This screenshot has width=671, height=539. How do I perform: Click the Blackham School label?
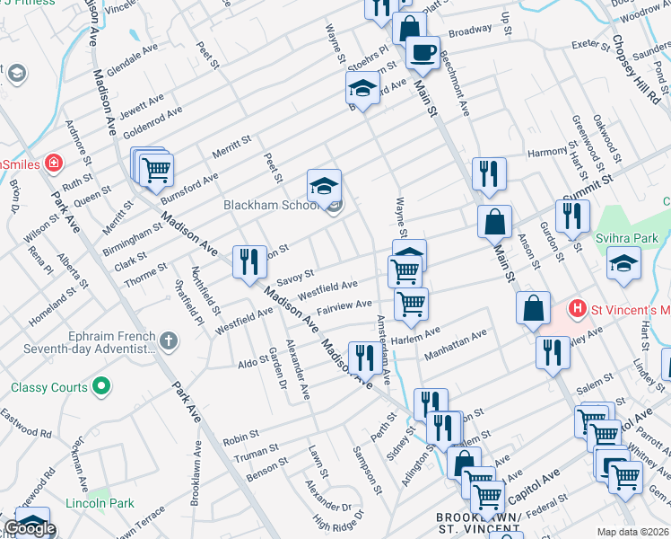pyautogui.click(x=271, y=205)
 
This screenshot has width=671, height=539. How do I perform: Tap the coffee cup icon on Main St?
pyautogui.click(x=423, y=51)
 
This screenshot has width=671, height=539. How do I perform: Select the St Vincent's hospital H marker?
pyautogui.click(x=578, y=308)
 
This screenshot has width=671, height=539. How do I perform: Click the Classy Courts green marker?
pyautogui.click(x=101, y=387)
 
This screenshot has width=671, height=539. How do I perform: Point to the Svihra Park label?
pyautogui.click(x=636, y=236)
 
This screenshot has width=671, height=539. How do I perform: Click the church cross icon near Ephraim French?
pyautogui.click(x=167, y=340)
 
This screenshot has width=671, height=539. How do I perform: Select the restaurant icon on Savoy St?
pyautogui.click(x=248, y=261)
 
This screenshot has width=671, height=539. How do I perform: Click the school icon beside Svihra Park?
pyautogui.click(x=623, y=263)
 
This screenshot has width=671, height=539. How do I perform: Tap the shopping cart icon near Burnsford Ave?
pyautogui.click(x=156, y=168)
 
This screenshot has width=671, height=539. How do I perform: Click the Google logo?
pyautogui.click(x=30, y=528)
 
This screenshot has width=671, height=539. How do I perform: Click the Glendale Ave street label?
pyautogui.click(x=131, y=63)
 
